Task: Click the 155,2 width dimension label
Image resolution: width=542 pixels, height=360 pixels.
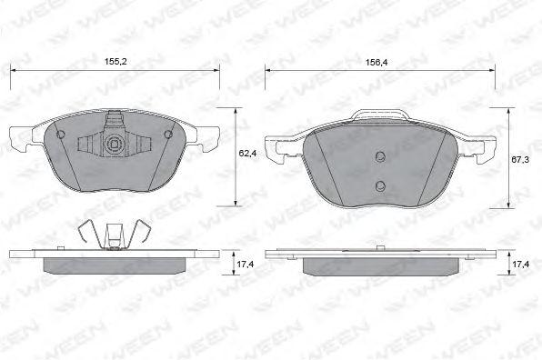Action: (x=115, y=62)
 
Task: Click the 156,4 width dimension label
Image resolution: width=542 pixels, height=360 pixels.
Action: (x=376, y=62)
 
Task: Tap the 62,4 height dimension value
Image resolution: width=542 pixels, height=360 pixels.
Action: (x=247, y=153)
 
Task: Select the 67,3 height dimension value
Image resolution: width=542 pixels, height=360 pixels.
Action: (x=520, y=160)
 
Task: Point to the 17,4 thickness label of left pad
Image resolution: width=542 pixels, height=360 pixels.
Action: (x=245, y=265)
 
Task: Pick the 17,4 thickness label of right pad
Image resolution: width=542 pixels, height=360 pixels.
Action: (x=520, y=265)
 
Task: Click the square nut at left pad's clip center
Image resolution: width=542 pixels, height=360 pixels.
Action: (x=114, y=144)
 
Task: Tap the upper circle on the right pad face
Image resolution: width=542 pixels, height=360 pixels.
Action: (x=380, y=157)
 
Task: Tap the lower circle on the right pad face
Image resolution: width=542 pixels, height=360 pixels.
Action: (x=380, y=186)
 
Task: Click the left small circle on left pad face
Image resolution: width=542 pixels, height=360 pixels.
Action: (x=60, y=135)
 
